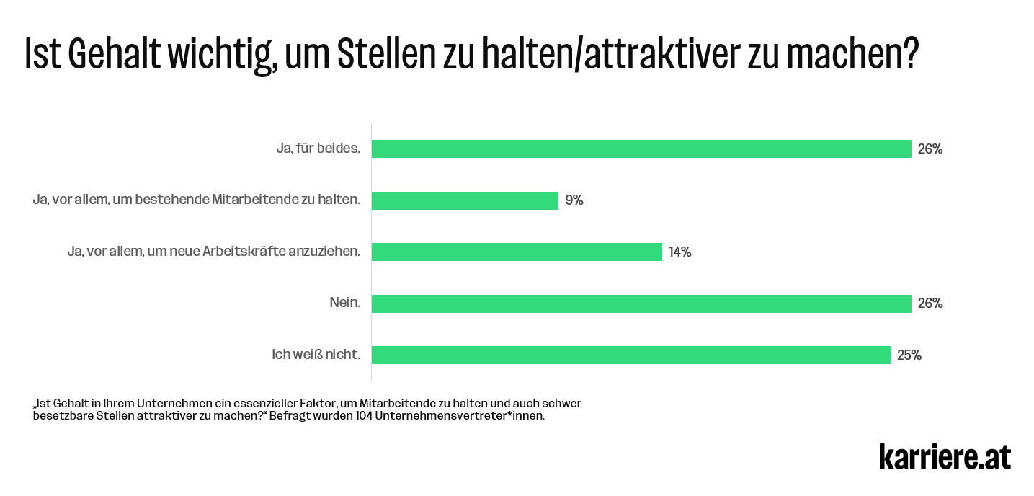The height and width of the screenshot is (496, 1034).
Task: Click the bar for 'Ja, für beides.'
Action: coord(641,149)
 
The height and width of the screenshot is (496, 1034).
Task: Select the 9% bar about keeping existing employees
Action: coord(465,200)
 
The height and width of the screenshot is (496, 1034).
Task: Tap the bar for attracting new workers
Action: coord(517,252)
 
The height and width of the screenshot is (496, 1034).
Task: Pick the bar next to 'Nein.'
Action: coord(641,304)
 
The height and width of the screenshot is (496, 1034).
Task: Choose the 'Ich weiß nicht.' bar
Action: coord(631,355)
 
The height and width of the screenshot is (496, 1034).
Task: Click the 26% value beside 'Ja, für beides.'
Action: coord(930,149)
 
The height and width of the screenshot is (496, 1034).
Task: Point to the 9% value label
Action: coord(574,200)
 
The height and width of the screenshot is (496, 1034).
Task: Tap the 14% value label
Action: coord(679,252)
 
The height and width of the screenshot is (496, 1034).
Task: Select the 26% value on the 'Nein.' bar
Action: coord(930,304)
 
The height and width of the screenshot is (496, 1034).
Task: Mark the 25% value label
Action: coord(909,355)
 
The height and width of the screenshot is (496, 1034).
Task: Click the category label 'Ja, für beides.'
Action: coord(318,149)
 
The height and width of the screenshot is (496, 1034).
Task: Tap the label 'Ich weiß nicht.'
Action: coord(315,354)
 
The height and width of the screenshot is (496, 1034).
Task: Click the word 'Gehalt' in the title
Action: coord(117,53)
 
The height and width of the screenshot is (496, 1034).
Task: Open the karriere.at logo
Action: coord(945,456)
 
